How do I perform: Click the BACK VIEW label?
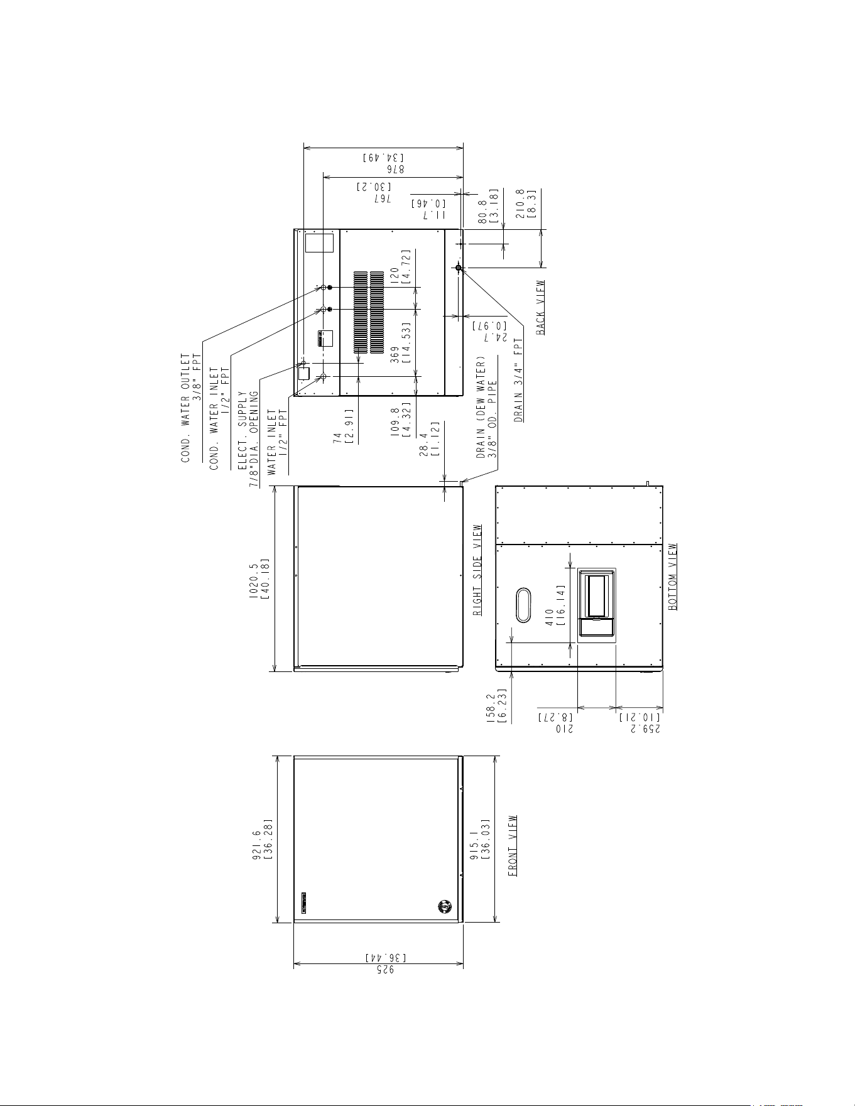point(540,308)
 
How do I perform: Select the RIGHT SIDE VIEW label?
point(478,570)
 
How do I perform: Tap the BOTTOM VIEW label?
point(673,577)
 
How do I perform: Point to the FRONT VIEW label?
point(513,845)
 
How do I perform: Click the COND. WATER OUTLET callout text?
point(186,408)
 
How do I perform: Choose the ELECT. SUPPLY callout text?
point(242,431)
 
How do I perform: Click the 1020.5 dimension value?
point(254,578)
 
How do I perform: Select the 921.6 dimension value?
point(257,838)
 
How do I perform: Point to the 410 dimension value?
point(550,618)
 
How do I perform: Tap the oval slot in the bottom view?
point(523,605)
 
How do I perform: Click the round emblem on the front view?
point(445,906)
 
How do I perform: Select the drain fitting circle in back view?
point(459,268)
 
